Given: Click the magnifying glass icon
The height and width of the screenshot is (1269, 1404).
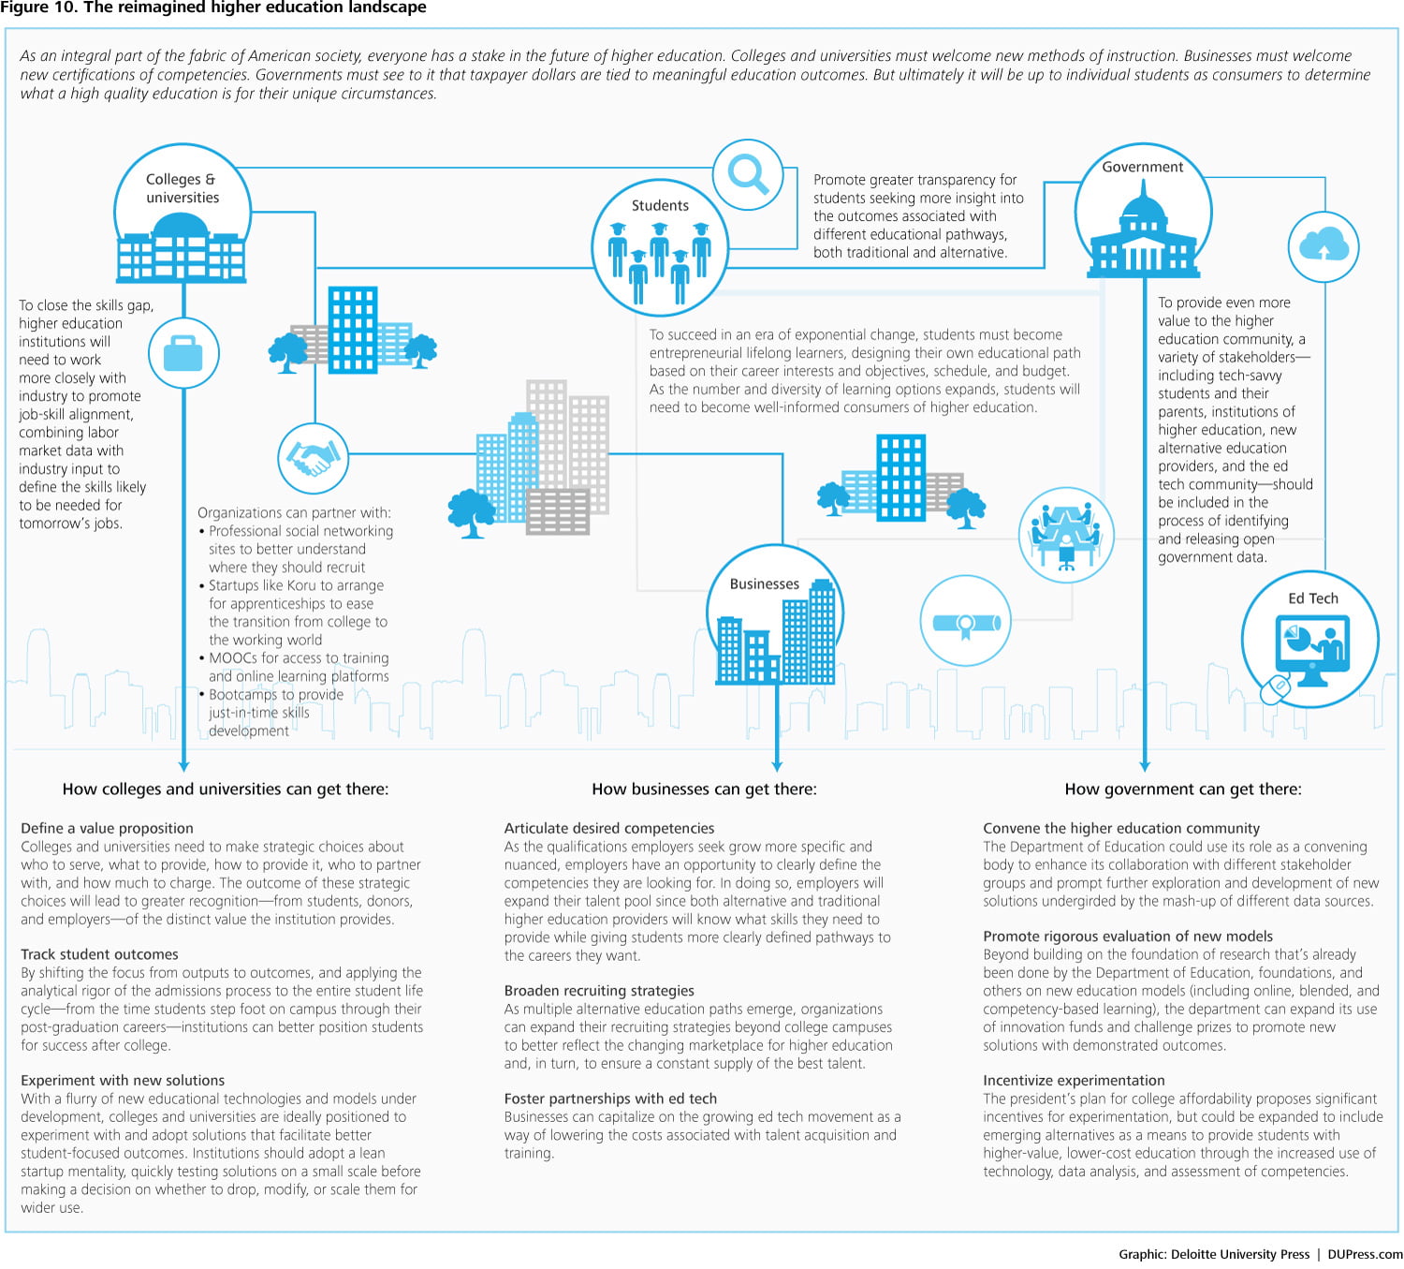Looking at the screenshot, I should [748, 174].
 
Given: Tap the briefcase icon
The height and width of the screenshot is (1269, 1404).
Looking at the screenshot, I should [183, 353].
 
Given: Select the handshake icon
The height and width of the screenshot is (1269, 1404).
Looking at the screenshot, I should [314, 458].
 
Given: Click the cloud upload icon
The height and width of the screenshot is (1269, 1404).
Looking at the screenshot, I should [1324, 246].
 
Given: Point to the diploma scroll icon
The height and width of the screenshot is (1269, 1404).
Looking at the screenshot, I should [966, 622].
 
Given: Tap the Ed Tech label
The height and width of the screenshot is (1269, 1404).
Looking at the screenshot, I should [1312, 598].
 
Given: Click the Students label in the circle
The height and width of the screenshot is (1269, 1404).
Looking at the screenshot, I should [660, 205].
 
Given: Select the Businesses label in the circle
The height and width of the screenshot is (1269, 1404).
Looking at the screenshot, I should [764, 583].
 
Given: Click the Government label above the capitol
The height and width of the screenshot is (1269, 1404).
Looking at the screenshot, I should [1142, 167].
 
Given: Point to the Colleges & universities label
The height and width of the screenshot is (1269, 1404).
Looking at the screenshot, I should [182, 188].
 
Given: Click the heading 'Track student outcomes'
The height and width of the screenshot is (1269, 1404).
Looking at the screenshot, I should [99, 954].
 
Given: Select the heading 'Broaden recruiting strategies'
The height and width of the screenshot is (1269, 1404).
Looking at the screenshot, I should [599, 991].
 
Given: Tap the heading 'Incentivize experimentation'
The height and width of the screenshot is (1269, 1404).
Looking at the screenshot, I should [1074, 1081].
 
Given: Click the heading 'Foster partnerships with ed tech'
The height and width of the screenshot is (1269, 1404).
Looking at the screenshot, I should [610, 1099].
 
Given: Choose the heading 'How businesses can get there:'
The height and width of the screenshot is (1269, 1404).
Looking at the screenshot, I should [704, 789].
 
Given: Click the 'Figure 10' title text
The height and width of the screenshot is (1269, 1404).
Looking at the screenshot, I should [212, 7].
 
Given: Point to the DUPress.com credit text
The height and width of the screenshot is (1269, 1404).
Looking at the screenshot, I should [1365, 1254].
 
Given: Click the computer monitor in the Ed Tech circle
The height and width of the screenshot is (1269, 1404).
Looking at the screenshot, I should [1312, 644].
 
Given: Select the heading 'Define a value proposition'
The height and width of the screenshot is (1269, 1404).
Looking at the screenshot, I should [107, 828].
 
